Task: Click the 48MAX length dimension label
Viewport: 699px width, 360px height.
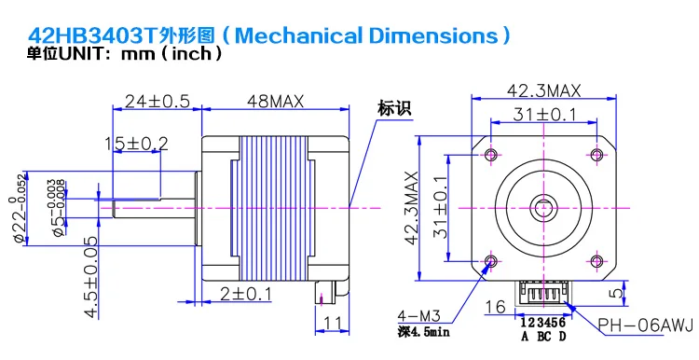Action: coord(275,102)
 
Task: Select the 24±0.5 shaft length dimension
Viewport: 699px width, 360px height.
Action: coord(157,102)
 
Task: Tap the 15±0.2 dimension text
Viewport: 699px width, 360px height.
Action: coord(136,144)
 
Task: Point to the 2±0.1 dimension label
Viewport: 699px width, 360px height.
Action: coord(246,295)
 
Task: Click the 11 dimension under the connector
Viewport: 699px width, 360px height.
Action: coord(333,323)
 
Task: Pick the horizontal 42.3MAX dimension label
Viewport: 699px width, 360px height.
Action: coord(544,91)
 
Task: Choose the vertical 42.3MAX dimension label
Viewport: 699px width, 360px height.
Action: coord(411,208)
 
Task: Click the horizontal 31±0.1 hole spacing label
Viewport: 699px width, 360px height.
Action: coord(544,115)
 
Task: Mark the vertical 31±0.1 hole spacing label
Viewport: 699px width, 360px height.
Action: coord(440,207)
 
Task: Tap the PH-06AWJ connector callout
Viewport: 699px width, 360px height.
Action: coord(646,325)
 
